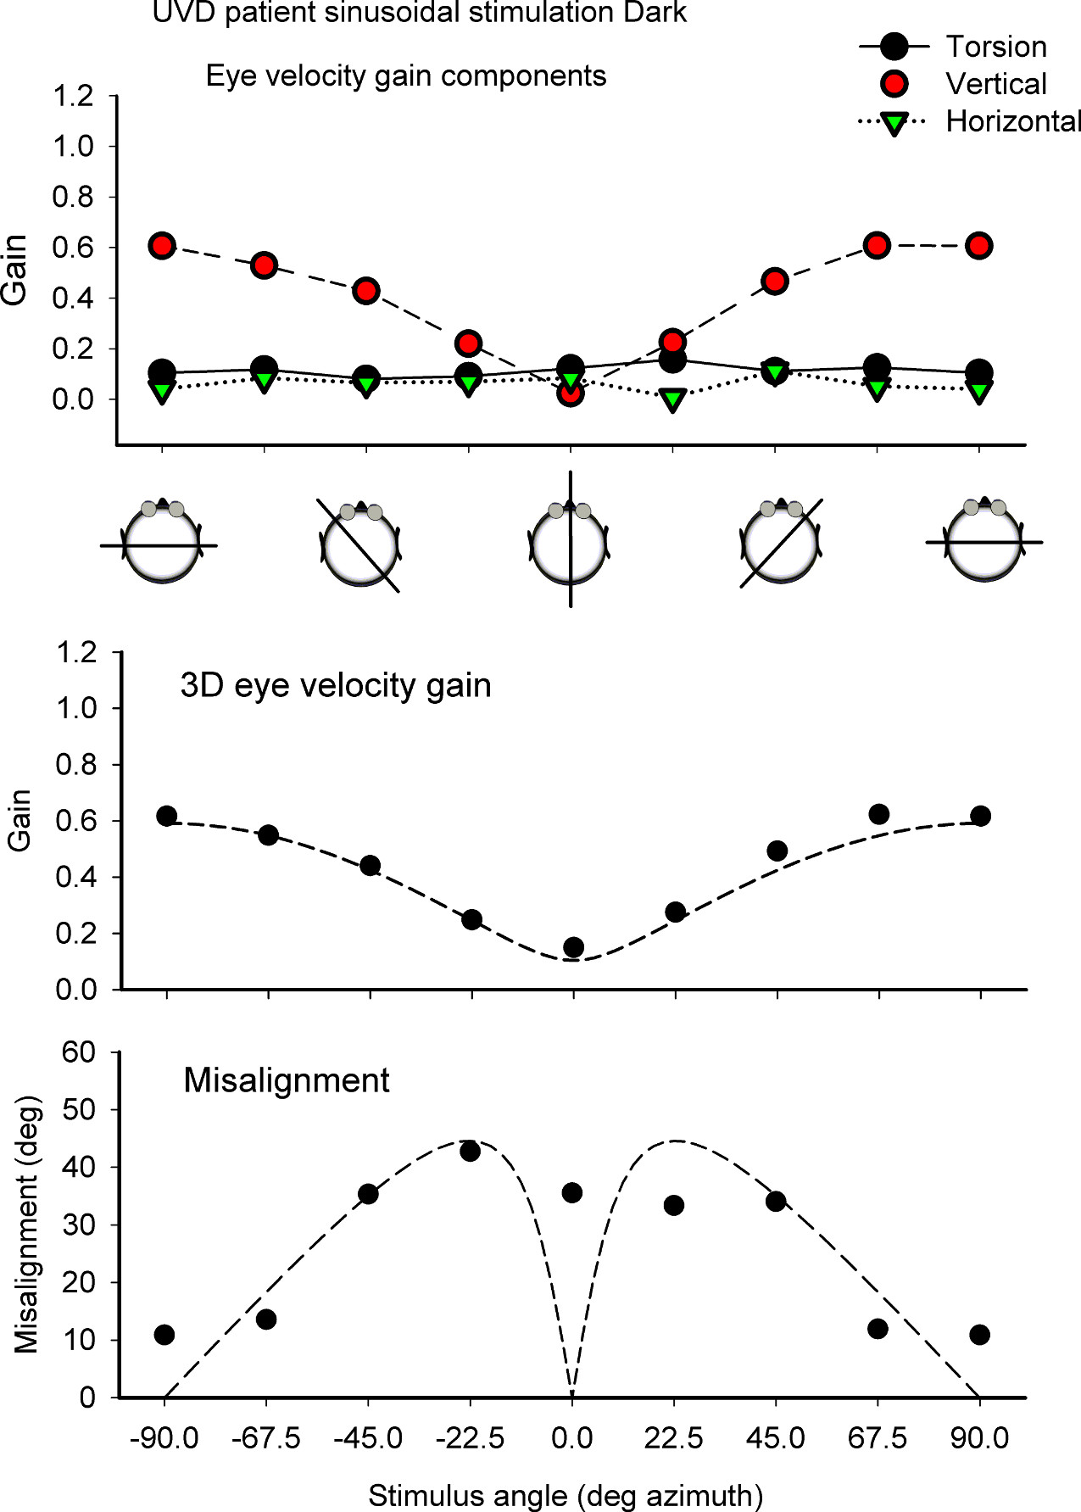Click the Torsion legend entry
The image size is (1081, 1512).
[x=995, y=47]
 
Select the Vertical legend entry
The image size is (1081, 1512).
[x=995, y=84]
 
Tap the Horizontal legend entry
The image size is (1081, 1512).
[x=1012, y=122]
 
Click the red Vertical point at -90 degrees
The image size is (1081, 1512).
[x=162, y=246]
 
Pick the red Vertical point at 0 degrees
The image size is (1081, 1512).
[x=571, y=393]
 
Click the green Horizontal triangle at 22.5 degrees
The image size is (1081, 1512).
[x=673, y=399]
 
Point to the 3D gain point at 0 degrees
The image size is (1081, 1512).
[x=573, y=947]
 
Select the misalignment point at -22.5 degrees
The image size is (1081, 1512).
[x=471, y=1151]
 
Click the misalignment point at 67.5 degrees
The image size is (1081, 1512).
[x=878, y=1329]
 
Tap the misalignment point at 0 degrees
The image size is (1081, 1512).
[x=572, y=1193]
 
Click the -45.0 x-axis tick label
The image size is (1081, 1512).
[x=368, y=1438]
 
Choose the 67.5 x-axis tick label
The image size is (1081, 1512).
[x=878, y=1438]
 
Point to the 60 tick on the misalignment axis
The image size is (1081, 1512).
[x=79, y=1052]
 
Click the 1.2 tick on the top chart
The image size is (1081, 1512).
[x=73, y=96]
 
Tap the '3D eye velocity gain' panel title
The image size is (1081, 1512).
[x=336, y=685]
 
